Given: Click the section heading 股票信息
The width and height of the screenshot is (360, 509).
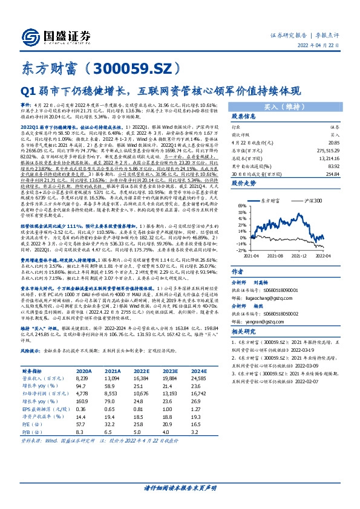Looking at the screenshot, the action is click(x=246, y=117).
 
